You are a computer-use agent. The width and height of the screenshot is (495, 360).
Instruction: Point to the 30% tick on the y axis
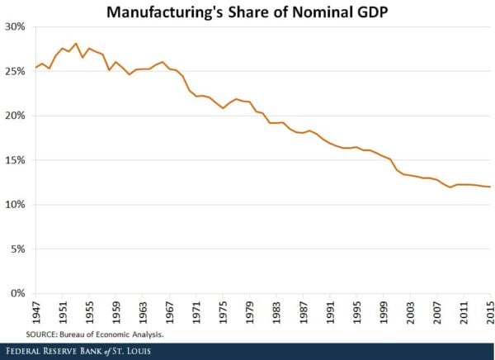(x=17, y=26)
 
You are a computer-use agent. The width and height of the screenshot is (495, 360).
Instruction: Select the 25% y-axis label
(x=17, y=71)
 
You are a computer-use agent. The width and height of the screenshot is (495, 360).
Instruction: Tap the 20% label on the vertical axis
(x=17, y=116)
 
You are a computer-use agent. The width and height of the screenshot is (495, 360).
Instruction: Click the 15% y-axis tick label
(x=17, y=160)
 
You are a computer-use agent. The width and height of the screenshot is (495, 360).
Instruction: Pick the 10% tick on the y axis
(x=17, y=204)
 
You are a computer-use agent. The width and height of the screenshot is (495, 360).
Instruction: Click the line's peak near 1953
(x=76, y=43)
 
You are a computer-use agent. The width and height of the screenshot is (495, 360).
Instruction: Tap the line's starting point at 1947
(x=35, y=67)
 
